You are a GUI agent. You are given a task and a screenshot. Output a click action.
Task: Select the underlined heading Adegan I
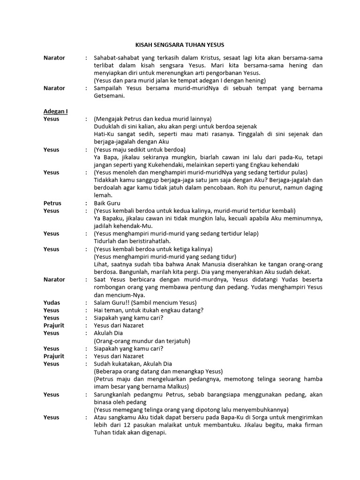tap(55, 111)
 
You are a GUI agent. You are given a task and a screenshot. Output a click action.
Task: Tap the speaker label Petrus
tap(52, 203)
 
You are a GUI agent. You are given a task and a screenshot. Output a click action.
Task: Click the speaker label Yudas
tap(52, 302)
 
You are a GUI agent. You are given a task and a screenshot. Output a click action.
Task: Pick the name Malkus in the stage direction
tap(174, 387)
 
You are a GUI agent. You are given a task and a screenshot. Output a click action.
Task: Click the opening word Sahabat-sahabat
tap(116, 58)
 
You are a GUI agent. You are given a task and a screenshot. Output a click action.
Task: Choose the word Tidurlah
tap(106, 241)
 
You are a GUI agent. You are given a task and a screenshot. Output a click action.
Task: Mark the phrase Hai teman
tap(107, 310)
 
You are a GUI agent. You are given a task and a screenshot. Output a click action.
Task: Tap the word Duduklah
tap(107, 127)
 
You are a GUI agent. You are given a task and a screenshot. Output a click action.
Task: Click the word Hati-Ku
tap(105, 134)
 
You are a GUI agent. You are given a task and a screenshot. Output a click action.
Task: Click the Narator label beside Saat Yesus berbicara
tap(54, 279)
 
